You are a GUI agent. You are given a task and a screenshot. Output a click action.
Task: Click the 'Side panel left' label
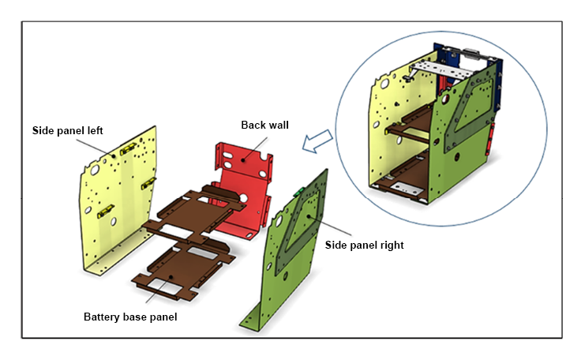[68, 130]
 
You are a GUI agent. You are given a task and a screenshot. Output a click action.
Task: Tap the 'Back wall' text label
[264, 125]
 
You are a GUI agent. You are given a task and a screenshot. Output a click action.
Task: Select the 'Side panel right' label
[365, 246]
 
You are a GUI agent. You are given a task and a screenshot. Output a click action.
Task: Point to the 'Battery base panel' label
[130, 317]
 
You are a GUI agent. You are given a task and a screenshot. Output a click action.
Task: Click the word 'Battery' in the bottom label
[101, 317]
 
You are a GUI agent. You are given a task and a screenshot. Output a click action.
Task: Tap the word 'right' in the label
[392, 246]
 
